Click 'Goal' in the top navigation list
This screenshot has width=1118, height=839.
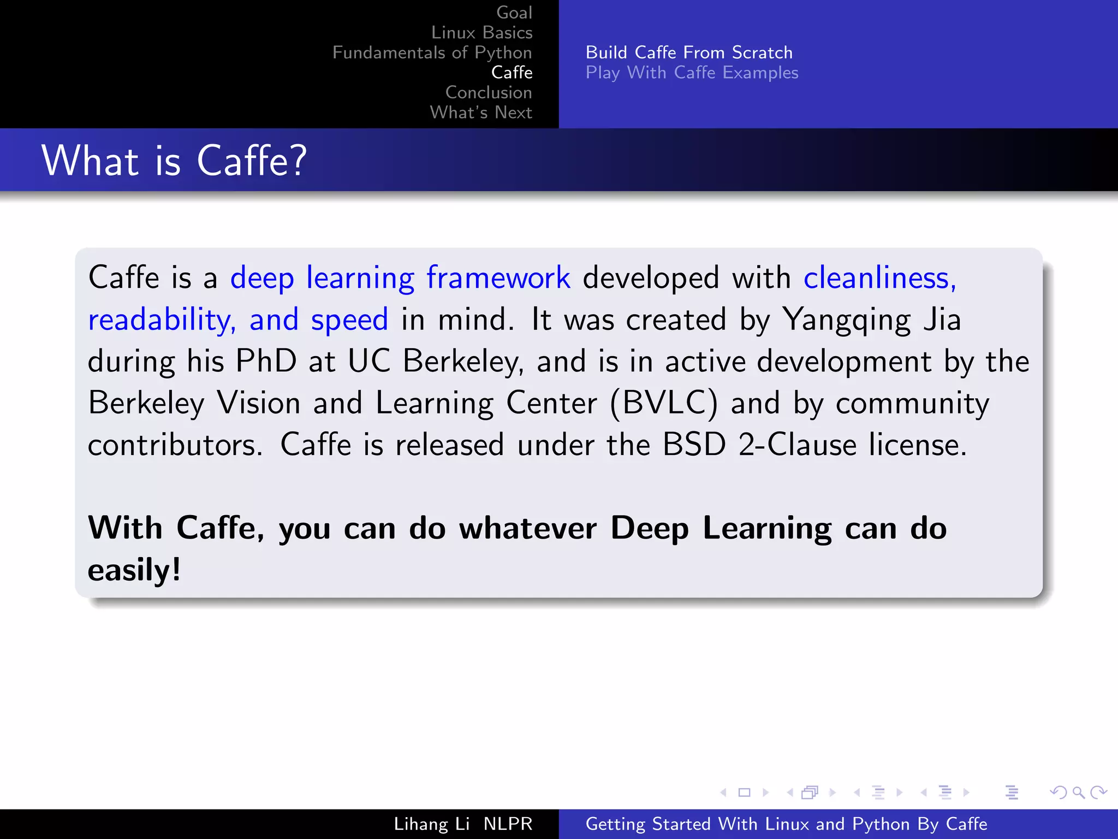(x=514, y=13)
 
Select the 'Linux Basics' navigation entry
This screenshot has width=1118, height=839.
(x=481, y=33)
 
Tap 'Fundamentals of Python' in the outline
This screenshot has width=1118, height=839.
(x=432, y=52)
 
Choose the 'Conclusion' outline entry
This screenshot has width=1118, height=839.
(x=488, y=92)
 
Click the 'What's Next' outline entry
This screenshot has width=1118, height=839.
(x=480, y=113)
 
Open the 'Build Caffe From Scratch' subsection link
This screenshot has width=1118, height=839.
(x=689, y=52)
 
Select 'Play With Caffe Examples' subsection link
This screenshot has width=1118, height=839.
(x=692, y=73)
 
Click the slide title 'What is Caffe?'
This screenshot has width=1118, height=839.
(x=174, y=161)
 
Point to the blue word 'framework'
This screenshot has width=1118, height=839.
(x=498, y=277)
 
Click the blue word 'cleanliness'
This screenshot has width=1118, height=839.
(x=877, y=277)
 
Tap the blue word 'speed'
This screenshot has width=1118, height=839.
(x=349, y=320)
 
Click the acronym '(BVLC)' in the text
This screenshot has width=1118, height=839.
(x=663, y=404)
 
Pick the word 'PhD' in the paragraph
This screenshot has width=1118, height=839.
(x=266, y=361)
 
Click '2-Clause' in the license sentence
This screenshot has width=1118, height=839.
(x=798, y=445)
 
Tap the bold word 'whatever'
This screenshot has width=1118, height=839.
(x=528, y=528)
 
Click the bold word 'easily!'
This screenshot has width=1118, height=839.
(x=134, y=570)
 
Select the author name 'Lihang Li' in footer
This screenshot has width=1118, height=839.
(x=431, y=824)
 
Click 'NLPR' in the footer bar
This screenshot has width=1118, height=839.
(x=508, y=824)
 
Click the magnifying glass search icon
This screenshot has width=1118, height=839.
(x=1078, y=793)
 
